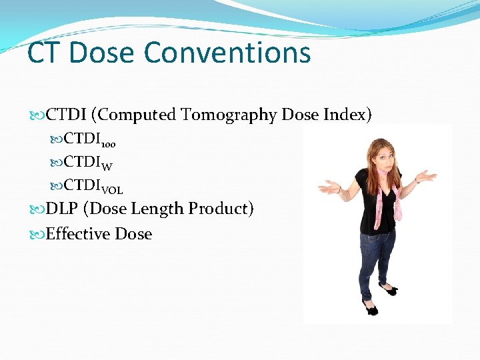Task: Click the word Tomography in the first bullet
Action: (229, 115)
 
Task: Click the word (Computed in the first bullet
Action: (135, 115)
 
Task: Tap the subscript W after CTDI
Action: (107, 167)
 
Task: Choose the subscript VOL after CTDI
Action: (111, 190)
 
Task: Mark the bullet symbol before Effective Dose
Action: (38, 235)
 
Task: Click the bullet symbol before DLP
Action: (38, 209)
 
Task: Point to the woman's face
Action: (379, 152)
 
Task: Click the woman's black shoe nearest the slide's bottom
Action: (370, 309)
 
